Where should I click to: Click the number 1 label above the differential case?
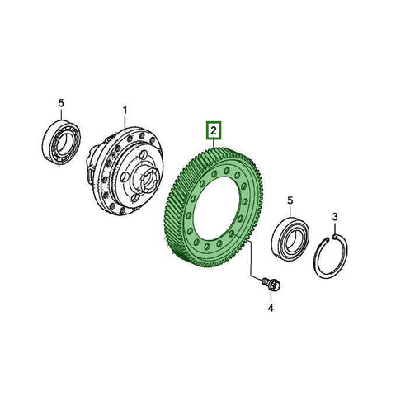tap(125, 110)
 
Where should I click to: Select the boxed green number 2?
tap(213, 130)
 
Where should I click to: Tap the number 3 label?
tap(335, 216)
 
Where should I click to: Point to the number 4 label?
tap(269, 309)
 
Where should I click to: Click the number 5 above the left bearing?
tap(61, 102)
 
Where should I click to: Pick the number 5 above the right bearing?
tap(290, 200)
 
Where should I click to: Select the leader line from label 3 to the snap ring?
tap(336, 228)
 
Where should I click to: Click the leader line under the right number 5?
tap(290, 211)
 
